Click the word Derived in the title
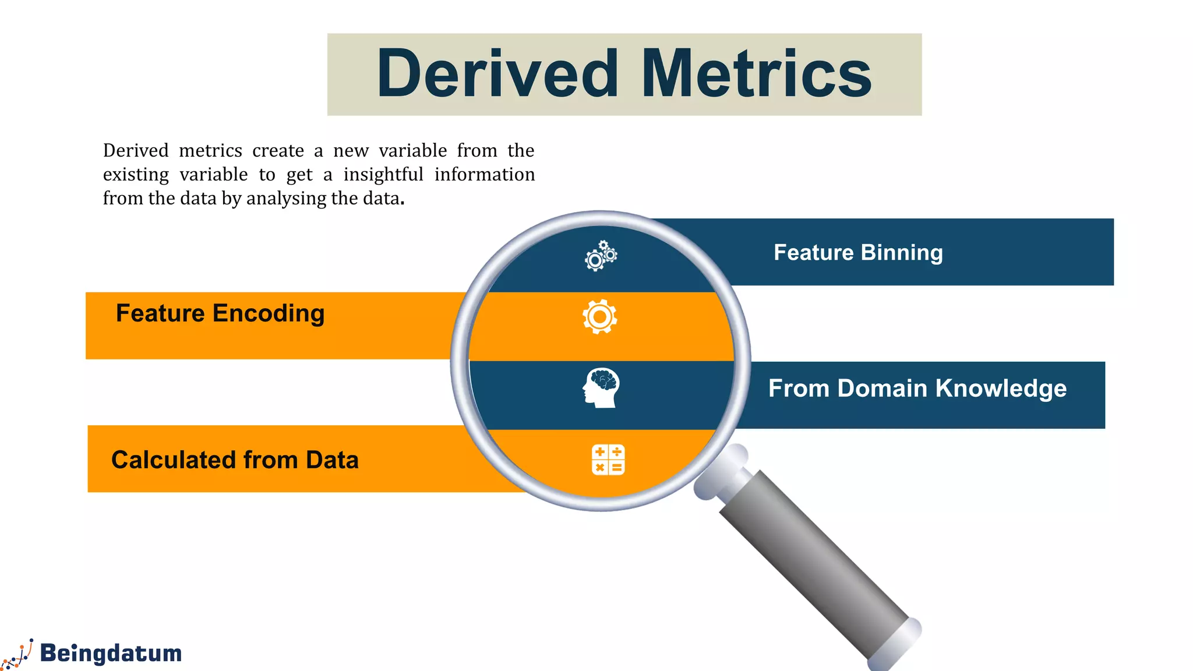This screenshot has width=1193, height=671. pos(497,74)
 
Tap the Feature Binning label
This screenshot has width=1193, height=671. pos(857,253)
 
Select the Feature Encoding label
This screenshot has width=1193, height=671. pos(220,313)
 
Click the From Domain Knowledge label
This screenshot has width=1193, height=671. pos(917,389)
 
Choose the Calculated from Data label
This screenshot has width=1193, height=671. pos(235,460)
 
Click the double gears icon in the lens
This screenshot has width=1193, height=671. pos(601,256)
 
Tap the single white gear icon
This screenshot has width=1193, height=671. pos(599,317)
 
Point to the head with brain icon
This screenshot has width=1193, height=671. pos(601,387)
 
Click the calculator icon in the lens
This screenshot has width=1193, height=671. pos(608,460)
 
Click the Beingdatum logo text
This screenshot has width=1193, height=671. pos(111,653)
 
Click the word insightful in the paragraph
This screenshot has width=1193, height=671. pos(383,175)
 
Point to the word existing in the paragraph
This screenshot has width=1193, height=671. pos(136,175)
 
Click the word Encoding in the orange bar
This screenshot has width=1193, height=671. pos(268,313)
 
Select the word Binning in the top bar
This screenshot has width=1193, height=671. pos(901,253)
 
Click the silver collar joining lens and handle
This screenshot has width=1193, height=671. pos(722,473)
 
